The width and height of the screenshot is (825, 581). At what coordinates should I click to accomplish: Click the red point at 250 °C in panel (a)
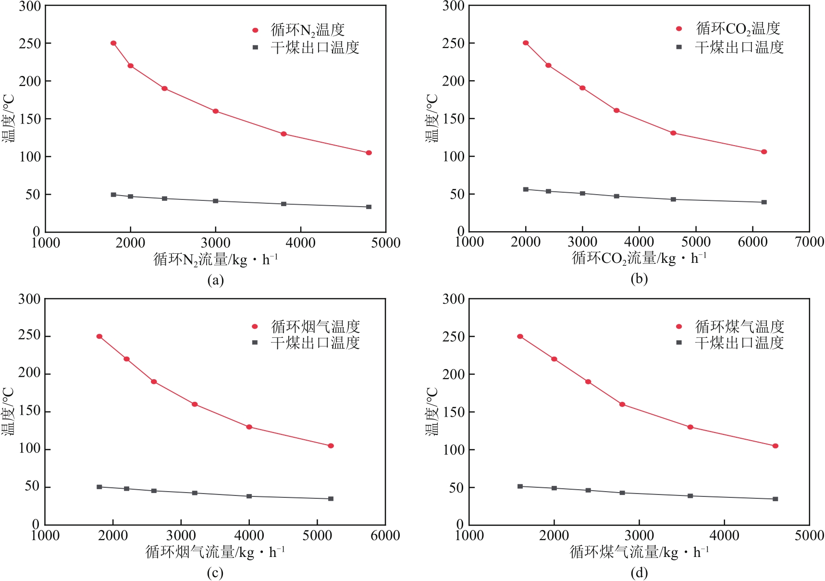click(x=113, y=43)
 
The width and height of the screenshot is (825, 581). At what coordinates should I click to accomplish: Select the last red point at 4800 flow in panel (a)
click(x=369, y=153)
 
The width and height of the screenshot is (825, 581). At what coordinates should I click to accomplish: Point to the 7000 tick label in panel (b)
click(x=810, y=242)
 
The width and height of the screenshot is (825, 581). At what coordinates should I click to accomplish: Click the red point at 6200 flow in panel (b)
click(x=764, y=152)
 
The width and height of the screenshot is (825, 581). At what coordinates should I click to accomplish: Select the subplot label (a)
click(x=215, y=280)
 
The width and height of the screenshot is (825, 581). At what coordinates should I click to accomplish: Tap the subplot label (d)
click(x=639, y=573)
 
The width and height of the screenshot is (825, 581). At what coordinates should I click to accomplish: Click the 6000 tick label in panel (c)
click(x=385, y=535)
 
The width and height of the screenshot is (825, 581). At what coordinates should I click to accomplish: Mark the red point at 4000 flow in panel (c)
click(x=249, y=427)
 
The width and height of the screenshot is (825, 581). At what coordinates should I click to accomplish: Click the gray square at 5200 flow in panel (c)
click(x=331, y=499)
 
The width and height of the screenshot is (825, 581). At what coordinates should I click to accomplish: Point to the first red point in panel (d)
click(x=520, y=336)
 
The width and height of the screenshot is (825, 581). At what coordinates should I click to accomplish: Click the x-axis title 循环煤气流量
click(x=639, y=552)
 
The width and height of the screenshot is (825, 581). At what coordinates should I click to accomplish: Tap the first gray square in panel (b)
click(x=526, y=189)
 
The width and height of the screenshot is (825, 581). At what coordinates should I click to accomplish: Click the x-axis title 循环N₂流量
click(x=215, y=260)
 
